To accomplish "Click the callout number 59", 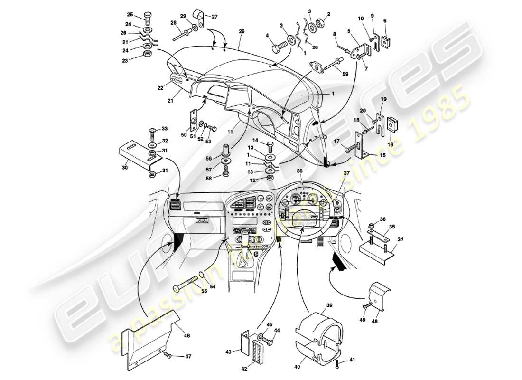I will tap(345, 74).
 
